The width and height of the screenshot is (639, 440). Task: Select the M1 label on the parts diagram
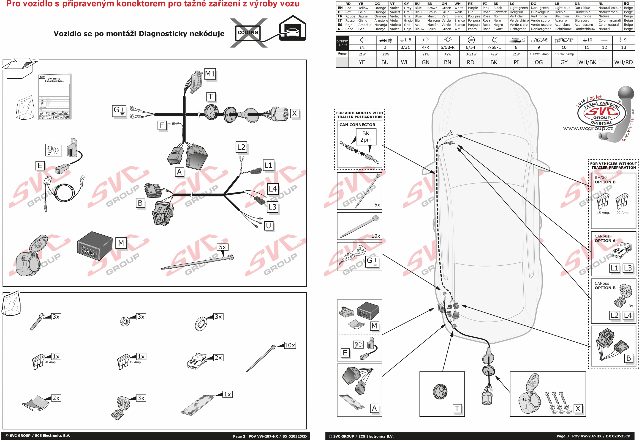[x=210, y=74]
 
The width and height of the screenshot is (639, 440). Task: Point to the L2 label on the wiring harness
[x=241, y=147]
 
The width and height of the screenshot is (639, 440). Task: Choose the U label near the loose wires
[x=269, y=226]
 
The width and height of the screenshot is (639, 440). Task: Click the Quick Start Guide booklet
[x=54, y=97]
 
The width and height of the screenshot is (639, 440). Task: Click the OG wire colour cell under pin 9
[x=539, y=62]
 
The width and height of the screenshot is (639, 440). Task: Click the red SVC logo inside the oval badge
[x=601, y=111]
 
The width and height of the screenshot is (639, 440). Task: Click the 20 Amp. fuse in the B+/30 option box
[x=622, y=201]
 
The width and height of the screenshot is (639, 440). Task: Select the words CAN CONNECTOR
[x=357, y=125]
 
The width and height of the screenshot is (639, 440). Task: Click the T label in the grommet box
[x=457, y=408]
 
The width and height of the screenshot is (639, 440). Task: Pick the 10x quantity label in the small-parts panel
[x=290, y=345]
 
